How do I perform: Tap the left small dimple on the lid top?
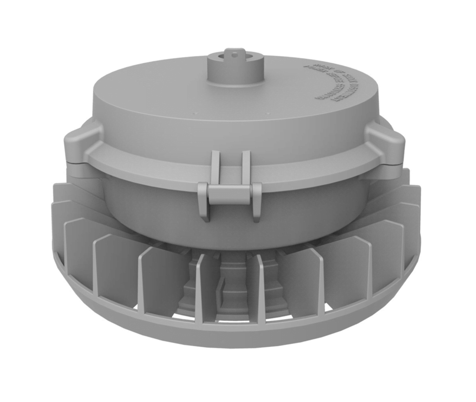(x=195, y=113)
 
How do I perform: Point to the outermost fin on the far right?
(x=412, y=205)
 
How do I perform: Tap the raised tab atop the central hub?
(x=235, y=53)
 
